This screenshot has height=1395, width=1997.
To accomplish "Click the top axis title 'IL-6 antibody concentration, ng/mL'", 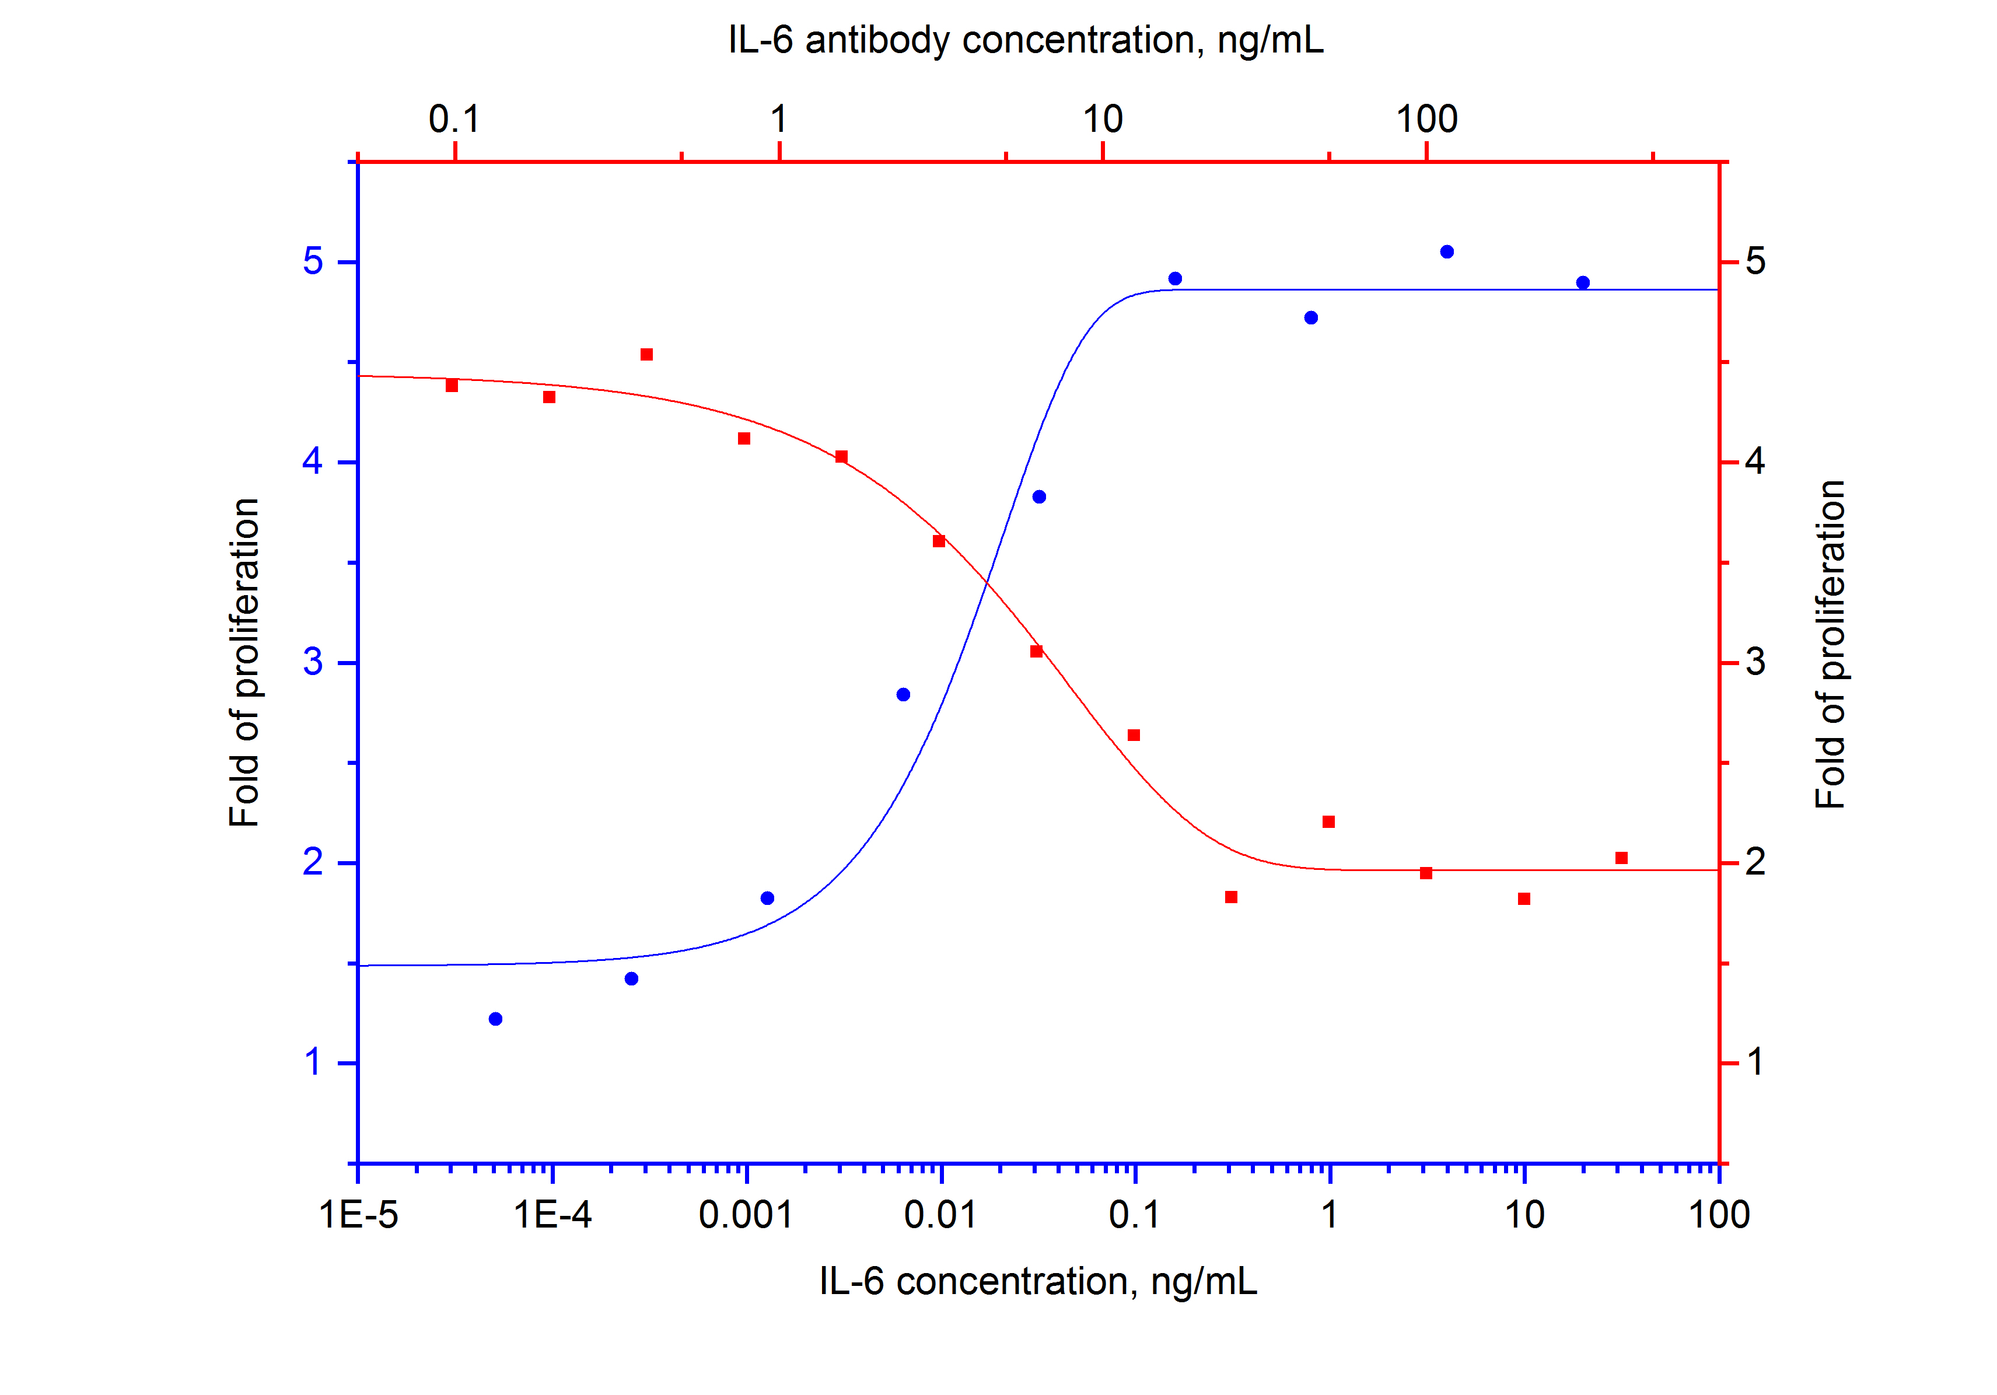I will (x=1026, y=40).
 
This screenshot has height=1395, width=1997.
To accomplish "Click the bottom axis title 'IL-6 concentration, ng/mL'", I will (x=1038, y=1281).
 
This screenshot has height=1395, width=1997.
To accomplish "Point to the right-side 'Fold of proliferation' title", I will (x=1830, y=645).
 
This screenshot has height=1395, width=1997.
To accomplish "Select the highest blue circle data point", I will (x=1447, y=252).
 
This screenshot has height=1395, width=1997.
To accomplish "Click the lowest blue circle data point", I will (x=496, y=1019).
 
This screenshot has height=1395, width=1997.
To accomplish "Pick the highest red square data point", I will (x=646, y=355).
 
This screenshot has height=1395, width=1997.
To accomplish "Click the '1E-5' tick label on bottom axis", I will (x=358, y=1215).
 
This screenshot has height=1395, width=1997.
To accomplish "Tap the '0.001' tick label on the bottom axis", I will (x=746, y=1215).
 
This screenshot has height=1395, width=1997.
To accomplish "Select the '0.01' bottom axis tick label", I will (x=940, y=1215).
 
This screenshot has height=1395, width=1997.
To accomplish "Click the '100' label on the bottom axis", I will (x=1719, y=1215).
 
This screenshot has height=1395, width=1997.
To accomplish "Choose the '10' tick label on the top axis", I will (x=1102, y=119).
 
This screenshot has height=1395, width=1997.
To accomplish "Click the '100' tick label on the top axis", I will (x=1426, y=119).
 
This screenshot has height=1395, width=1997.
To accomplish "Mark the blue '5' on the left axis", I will (x=313, y=261).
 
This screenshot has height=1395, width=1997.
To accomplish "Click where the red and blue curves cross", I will (x=987, y=581).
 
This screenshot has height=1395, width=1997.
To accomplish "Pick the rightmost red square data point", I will (x=1621, y=858).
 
